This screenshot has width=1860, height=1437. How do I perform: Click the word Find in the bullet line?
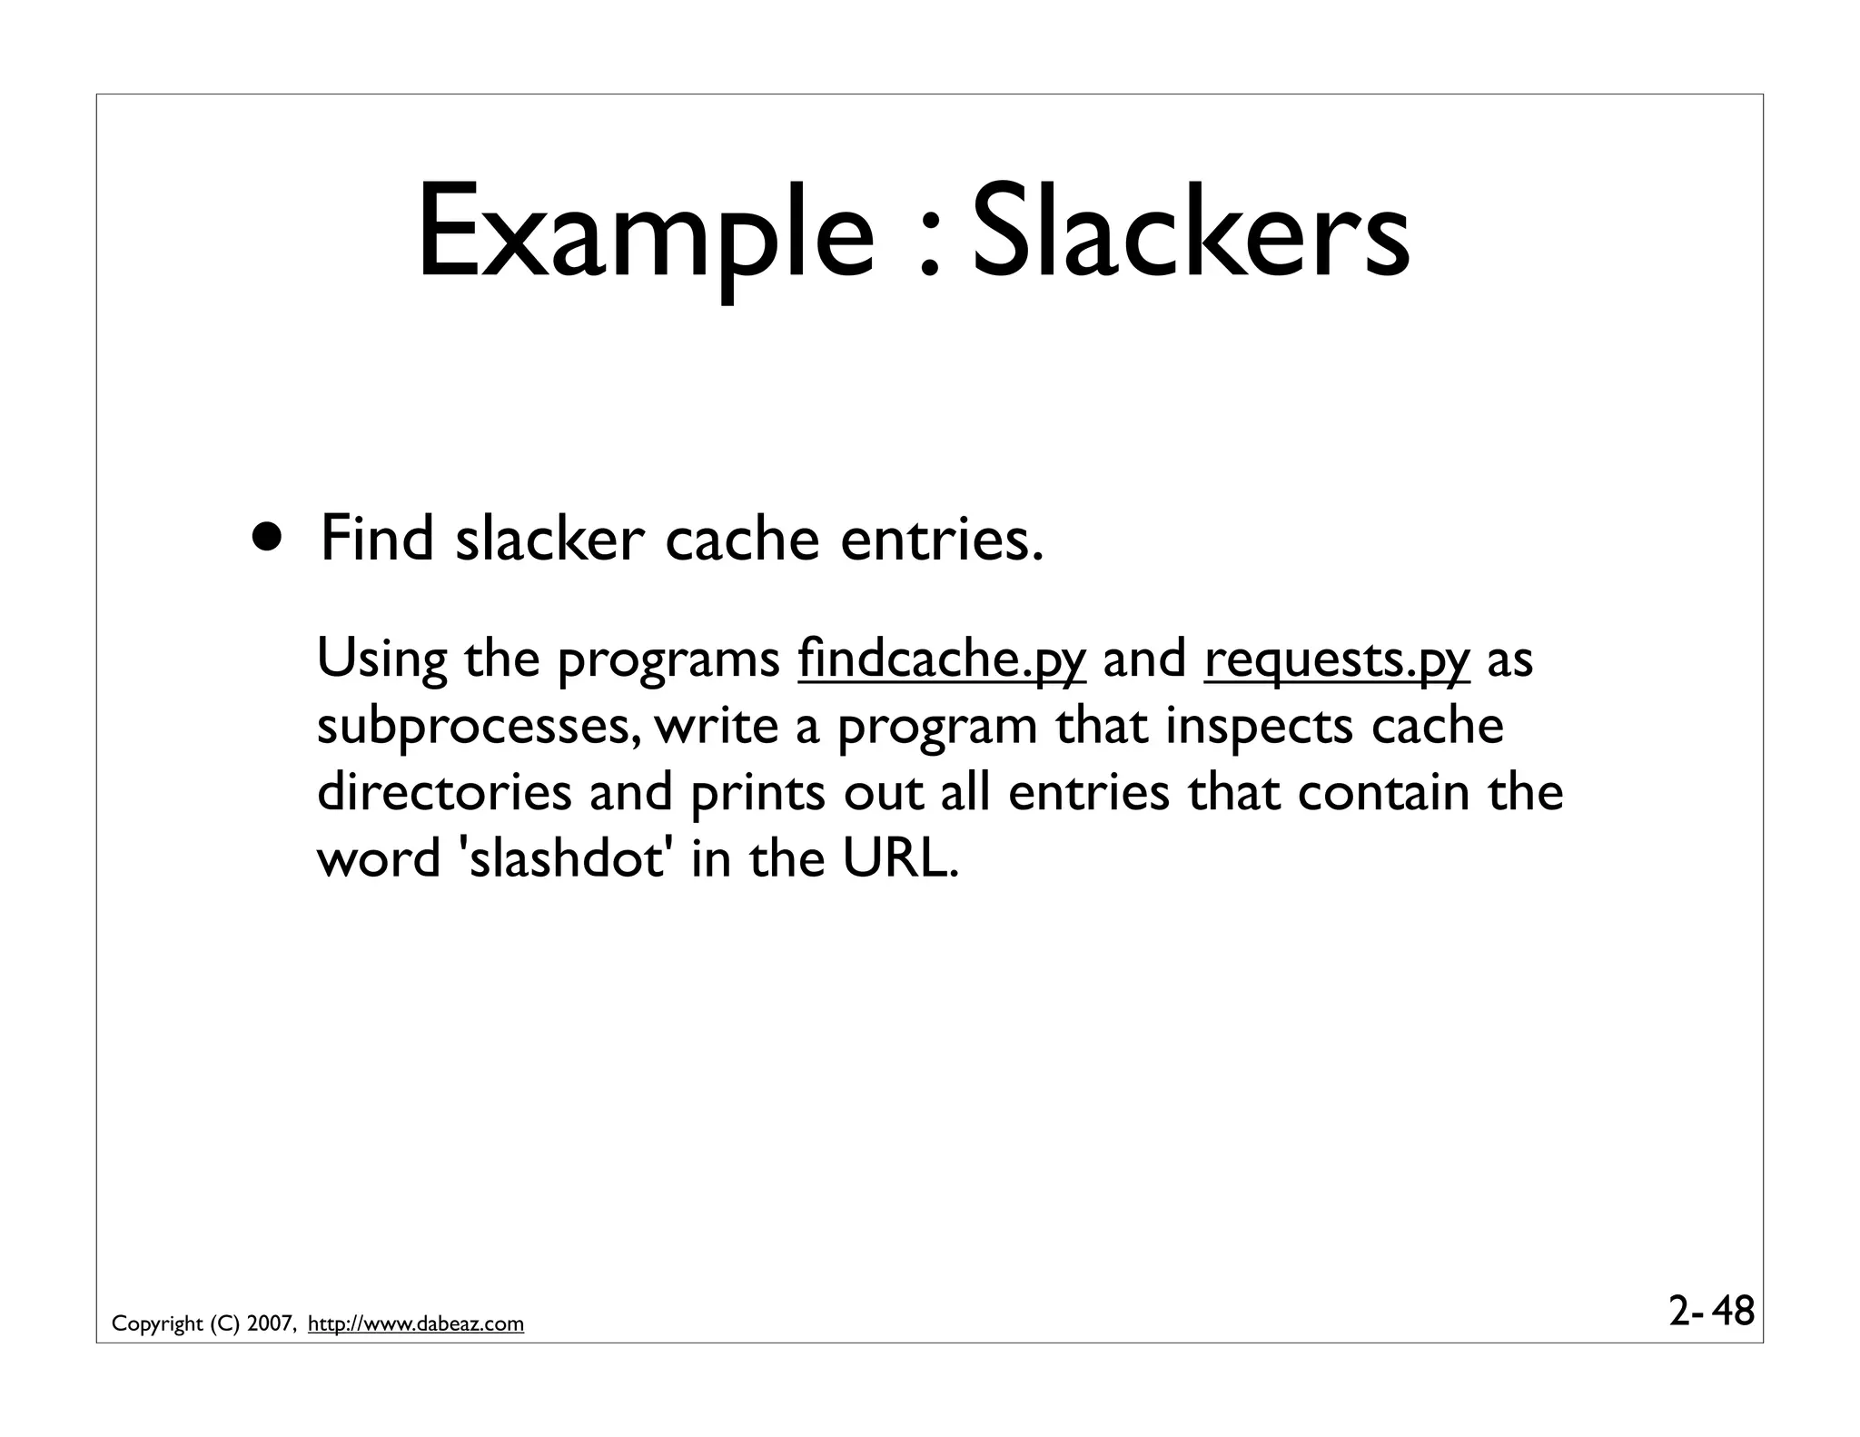[x=377, y=538]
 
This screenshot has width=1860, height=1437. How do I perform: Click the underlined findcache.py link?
[x=942, y=659]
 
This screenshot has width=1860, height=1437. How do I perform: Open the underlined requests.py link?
[x=1336, y=659]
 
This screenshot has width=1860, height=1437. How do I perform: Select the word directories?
[x=444, y=792]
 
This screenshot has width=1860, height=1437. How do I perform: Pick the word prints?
[x=757, y=792]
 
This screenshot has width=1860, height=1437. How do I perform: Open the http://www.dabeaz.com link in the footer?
[x=416, y=1324]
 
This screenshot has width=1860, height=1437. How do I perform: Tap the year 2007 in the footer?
[x=270, y=1324]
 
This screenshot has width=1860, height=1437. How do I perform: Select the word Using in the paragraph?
[x=381, y=659]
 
